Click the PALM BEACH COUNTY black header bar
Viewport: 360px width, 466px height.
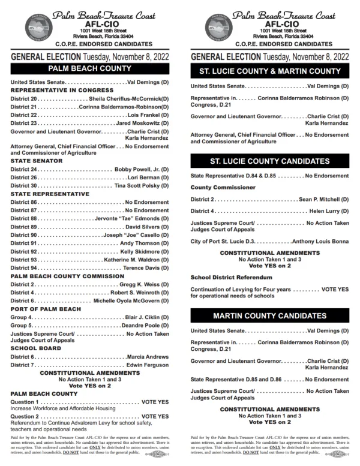click(x=90, y=68)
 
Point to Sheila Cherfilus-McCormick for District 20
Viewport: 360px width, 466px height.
click(x=129, y=98)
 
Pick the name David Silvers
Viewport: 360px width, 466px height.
click(x=147, y=227)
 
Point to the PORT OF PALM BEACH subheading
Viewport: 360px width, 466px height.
click(x=46, y=309)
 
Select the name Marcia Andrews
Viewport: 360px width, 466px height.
click(x=148, y=357)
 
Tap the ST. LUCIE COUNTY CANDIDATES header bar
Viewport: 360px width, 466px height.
click(x=270, y=162)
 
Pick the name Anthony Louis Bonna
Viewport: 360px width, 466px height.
click(x=320, y=241)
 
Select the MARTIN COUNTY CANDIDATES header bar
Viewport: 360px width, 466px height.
click(x=270, y=315)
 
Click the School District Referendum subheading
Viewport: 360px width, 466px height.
click(x=231, y=278)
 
